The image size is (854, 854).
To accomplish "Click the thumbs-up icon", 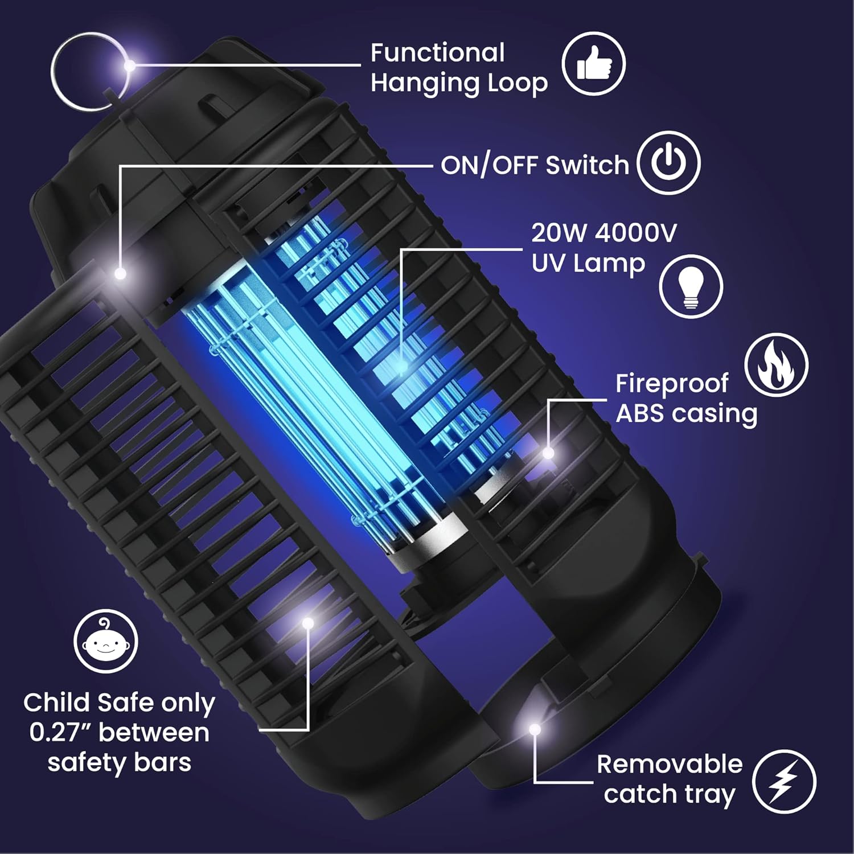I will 594,63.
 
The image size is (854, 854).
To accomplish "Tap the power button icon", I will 668,163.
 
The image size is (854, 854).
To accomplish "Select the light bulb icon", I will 691,286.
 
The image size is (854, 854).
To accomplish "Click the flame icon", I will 776,365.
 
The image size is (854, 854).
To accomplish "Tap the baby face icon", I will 106,642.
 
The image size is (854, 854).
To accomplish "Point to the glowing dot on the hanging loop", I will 130,65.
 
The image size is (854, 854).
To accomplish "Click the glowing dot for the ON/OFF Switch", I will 120,274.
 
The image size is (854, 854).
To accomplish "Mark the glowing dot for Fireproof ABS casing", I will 548,453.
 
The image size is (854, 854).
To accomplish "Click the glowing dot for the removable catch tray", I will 534,729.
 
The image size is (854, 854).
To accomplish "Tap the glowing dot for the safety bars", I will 308,623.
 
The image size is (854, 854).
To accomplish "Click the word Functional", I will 437,54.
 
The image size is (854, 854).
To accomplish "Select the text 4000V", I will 637,233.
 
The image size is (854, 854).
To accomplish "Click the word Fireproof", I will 672,384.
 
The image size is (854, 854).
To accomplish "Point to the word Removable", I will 670,764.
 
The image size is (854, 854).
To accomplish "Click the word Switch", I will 587,165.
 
